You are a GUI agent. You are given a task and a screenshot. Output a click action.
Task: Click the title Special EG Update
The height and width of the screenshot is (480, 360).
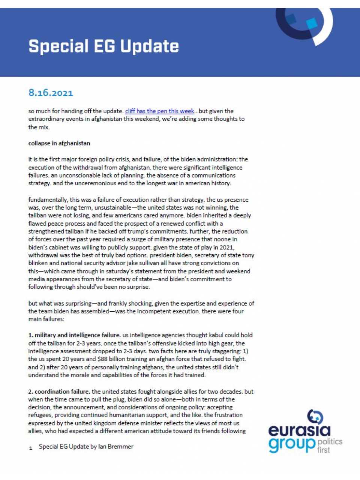tap(103, 46)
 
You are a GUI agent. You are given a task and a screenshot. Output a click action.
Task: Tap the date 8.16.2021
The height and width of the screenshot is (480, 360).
tap(51, 93)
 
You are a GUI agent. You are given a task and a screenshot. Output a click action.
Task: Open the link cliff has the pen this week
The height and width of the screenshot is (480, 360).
tap(159, 111)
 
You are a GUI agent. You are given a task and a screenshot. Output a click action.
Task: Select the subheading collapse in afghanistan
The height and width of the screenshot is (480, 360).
tap(59, 143)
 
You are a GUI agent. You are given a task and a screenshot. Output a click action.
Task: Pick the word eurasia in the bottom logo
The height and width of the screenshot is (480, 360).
tap(299, 430)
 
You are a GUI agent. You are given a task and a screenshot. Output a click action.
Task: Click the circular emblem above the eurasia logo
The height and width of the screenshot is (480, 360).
tap(315, 417)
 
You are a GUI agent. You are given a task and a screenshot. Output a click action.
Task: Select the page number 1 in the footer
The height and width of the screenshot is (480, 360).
tap(31, 448)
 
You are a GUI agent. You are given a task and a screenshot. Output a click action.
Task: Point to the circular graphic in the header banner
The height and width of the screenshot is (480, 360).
tap(304, 23)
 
